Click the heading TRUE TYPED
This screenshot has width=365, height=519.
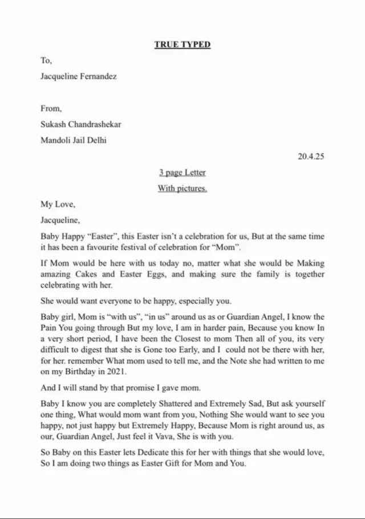click(182, 45)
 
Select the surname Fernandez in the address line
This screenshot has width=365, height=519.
click(98, 76)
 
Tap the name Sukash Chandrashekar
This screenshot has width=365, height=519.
click(80, 124)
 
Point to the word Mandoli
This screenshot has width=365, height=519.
click(55, 140)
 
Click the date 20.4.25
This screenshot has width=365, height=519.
click(311, 156)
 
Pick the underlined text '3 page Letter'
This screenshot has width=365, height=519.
click(182, 172)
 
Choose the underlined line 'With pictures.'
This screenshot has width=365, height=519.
click(182, 188)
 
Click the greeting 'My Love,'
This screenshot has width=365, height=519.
click(58, 204)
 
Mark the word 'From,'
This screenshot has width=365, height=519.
click(51, 108)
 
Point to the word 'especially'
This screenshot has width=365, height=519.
click(196, 301)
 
